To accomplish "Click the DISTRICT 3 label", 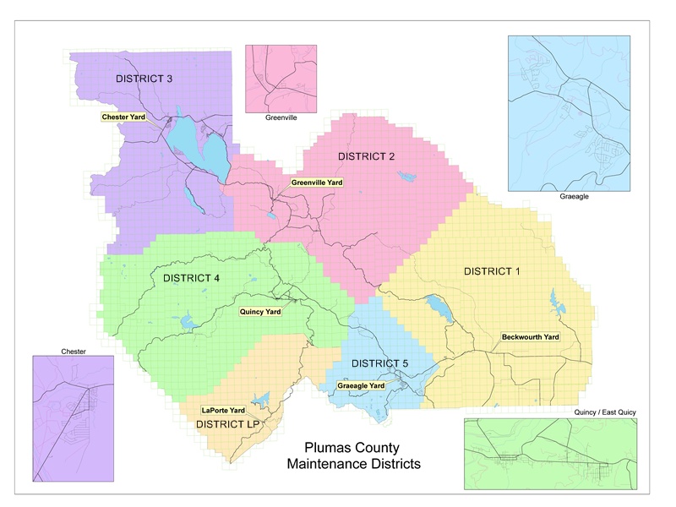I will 144,79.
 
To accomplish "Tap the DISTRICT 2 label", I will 367,156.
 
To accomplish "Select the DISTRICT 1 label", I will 493,271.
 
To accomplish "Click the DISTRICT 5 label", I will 379,363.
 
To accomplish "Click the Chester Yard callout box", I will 123,117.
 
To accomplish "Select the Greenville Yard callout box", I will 317,182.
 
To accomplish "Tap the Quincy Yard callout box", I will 261,310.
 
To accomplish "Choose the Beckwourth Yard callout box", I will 531,337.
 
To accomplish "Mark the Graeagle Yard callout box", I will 361,385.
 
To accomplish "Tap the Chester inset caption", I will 74,351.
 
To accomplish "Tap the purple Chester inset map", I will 73,417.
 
